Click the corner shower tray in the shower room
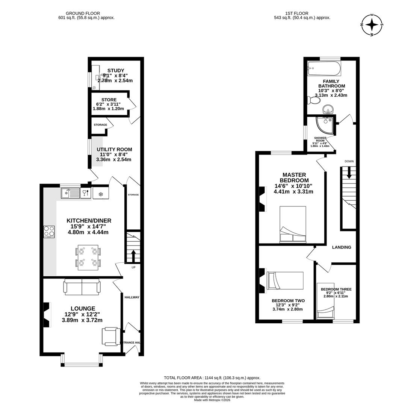tap(323, 124)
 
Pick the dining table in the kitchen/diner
tap(89, 258)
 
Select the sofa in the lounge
tap(82, 286)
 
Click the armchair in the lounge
tap(111, 336)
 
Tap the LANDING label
tap(342, 247)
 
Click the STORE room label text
tap(109, 100)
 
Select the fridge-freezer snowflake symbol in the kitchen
tap(100, 194)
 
